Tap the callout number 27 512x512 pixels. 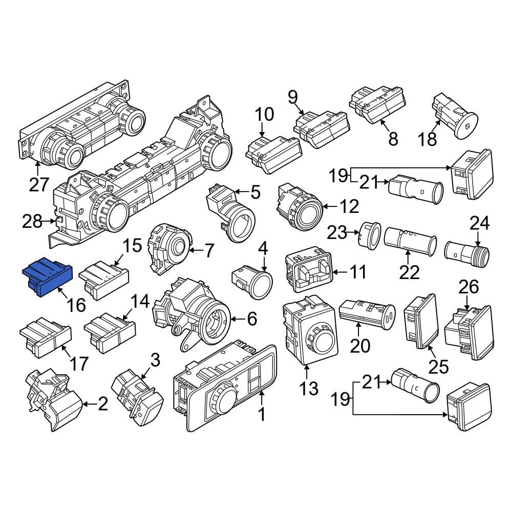tap(39, 184)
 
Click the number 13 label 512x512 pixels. tap(309, 388)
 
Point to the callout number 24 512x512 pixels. tap(479, 224)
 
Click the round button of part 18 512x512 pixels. tap(466, 126)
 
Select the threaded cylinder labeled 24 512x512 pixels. tap(467, 254)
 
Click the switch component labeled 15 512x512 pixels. tap(104, 280)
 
